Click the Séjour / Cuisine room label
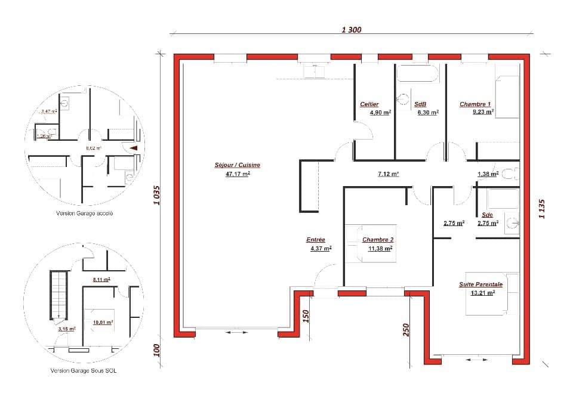238,165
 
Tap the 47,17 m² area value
238,174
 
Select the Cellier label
369,104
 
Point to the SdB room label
420,104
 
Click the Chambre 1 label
475,104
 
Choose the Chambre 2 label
378,240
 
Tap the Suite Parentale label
480,284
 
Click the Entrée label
316,240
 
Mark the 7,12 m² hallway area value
388,174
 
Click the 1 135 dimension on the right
542,209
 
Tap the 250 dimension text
406,330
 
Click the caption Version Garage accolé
85,213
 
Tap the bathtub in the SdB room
418,73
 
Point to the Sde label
488,215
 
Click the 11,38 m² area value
380,249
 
